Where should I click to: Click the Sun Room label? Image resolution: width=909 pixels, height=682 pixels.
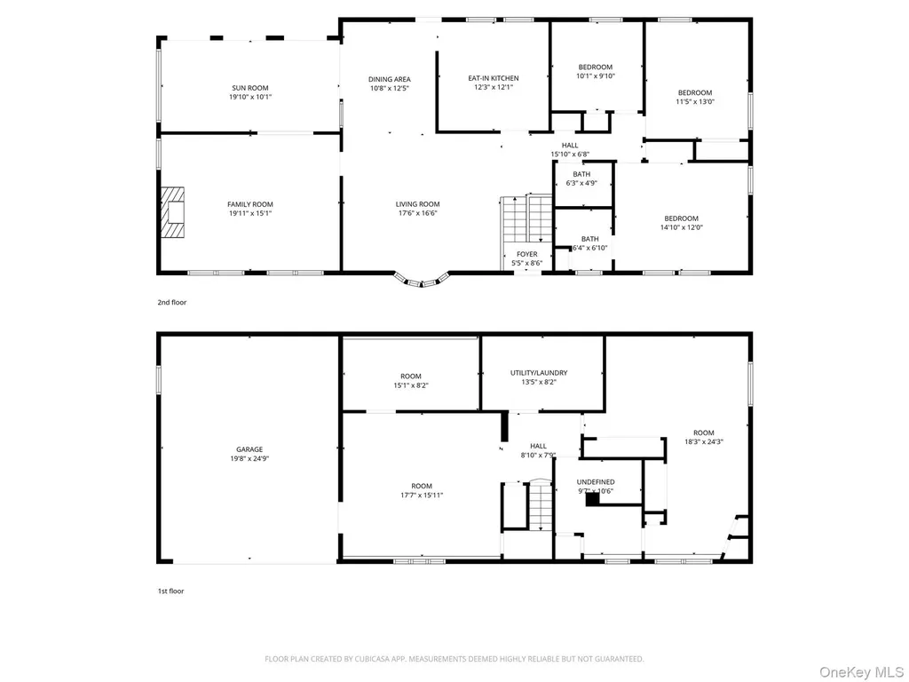pos(250,88)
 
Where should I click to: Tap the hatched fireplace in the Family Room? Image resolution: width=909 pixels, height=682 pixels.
pos(172,211)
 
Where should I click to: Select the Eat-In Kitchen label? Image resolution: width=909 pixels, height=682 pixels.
pos(494,78)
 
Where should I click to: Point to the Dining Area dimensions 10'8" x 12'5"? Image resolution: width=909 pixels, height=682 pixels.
pos(390,88)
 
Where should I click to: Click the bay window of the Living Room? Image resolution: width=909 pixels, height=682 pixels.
pos(422,281)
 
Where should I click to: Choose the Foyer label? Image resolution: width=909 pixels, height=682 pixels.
pos(527,254)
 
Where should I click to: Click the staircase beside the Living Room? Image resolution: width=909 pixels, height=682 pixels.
pos(526,219)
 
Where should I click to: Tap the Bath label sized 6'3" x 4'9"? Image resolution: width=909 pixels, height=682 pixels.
pos(581,174)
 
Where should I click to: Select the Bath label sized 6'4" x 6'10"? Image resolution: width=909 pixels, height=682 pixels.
pos(589,239)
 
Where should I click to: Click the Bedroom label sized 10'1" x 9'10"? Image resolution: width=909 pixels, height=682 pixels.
pos(596,67)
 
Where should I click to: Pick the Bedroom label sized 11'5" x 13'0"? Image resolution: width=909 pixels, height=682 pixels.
pos(695,92)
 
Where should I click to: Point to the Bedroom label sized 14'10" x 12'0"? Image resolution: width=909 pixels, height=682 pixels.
pos(681,218)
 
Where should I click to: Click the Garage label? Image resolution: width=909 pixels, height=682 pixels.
pos(249,449)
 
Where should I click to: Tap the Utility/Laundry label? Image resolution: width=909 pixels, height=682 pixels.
pos(539,373)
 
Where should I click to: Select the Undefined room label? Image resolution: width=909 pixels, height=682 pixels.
pos(596,482)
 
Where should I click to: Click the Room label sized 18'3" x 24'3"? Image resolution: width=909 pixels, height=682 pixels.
pos(704,432)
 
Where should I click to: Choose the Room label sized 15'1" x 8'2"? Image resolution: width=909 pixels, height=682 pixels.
pos(411,377)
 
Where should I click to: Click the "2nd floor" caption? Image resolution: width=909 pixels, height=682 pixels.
pos(172,302)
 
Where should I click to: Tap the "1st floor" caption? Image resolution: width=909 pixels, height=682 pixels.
pos(171,591)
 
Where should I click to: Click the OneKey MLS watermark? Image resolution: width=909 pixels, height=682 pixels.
pos(861,672)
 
